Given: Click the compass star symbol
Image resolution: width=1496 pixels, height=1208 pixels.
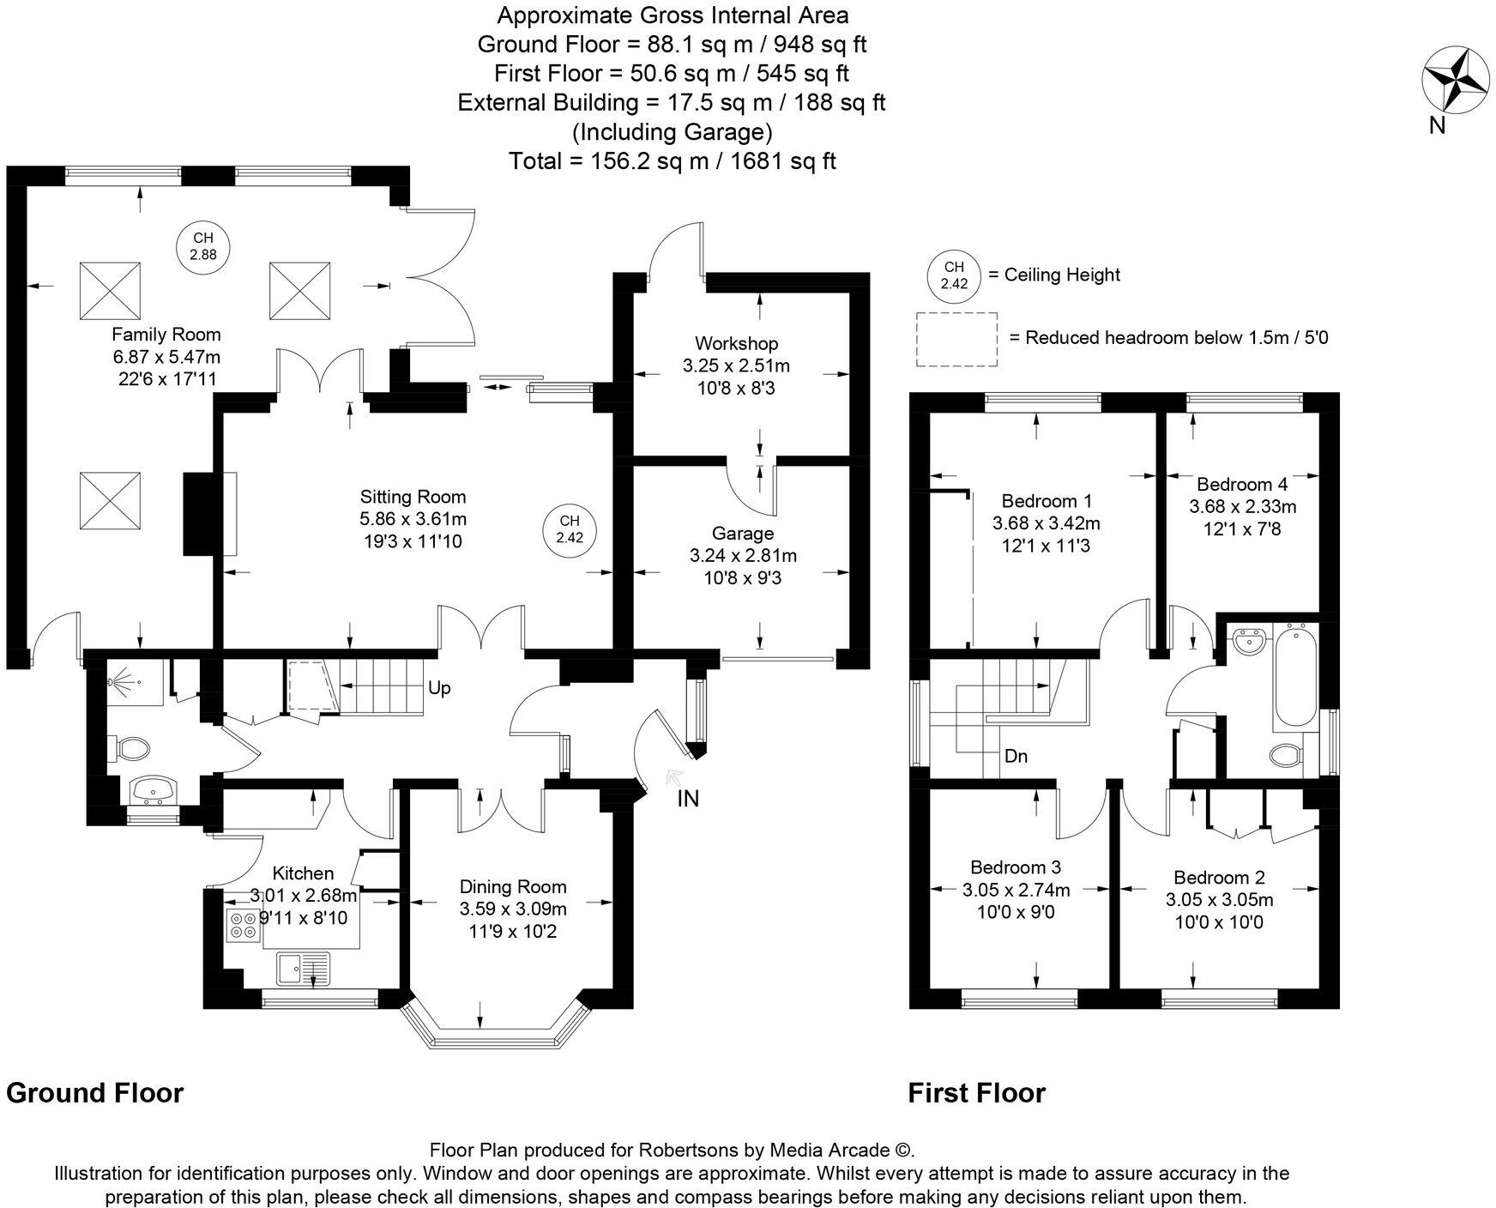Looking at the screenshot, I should click(x=1456, y=80).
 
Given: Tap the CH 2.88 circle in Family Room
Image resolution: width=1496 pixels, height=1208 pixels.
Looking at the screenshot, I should click(x=202, y=246).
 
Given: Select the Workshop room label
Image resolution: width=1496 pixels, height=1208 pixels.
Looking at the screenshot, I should click(x=736, y=343).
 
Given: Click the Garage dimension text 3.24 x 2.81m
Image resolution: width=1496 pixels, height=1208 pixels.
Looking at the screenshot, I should click(x=743, y=556).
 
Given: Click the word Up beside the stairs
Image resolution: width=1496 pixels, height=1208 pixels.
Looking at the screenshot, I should click(x=438, y=688).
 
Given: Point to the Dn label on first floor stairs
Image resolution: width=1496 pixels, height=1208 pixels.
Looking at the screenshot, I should click(x=1016, y=757).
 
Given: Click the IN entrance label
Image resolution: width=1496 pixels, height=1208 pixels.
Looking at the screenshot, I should click(x=688, y=799).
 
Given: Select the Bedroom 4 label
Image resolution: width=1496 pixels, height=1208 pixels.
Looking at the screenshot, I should click(x=1241, y=484).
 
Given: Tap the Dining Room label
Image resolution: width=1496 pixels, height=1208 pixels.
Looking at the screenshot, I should click(x=512, y=886).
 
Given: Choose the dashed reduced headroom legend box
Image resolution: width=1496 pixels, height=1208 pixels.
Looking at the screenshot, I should click(x=956, y=340).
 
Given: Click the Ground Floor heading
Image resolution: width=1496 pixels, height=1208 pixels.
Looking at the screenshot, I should click(x=94, y=1093).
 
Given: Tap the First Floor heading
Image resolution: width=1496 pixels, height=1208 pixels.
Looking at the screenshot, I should click(x=976, y=1093).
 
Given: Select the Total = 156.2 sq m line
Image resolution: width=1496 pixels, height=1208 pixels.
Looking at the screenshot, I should click(x=672, y=160).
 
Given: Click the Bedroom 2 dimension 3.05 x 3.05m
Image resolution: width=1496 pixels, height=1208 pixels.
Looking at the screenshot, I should click(x=1218, y=900).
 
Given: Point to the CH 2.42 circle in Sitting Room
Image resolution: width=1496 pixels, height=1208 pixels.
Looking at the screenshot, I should click(x=570, y=529).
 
